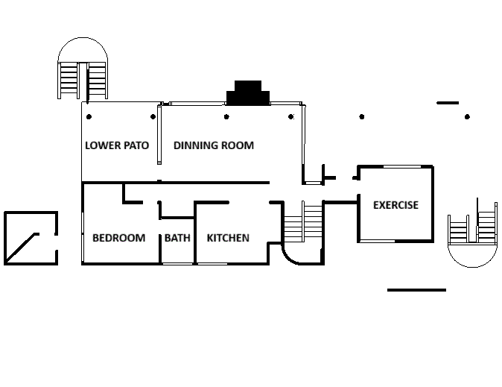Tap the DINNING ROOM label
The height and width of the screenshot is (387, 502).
[x=214, y=145]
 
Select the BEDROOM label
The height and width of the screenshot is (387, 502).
[x=118, y=238]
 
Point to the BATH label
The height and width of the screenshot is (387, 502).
[x=177, y=238]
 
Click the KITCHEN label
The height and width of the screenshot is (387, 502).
[x=228, y=238]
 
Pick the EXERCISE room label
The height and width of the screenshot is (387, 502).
[x=395, y=205]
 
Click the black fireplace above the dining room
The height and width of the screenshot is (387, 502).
[x=249, y=94]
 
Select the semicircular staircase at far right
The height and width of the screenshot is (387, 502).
[x=472, y=235]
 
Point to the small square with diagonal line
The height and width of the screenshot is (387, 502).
[x=31, y=238]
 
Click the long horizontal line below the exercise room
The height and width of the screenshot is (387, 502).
[x=416, y=289]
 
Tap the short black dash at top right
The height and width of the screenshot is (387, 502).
[x=448, y=103]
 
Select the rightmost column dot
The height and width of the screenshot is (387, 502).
[x=467, y=116]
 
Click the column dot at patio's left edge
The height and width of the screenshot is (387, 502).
[x=89, y=116]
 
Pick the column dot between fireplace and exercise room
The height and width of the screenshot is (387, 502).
[x=362, y=116]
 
